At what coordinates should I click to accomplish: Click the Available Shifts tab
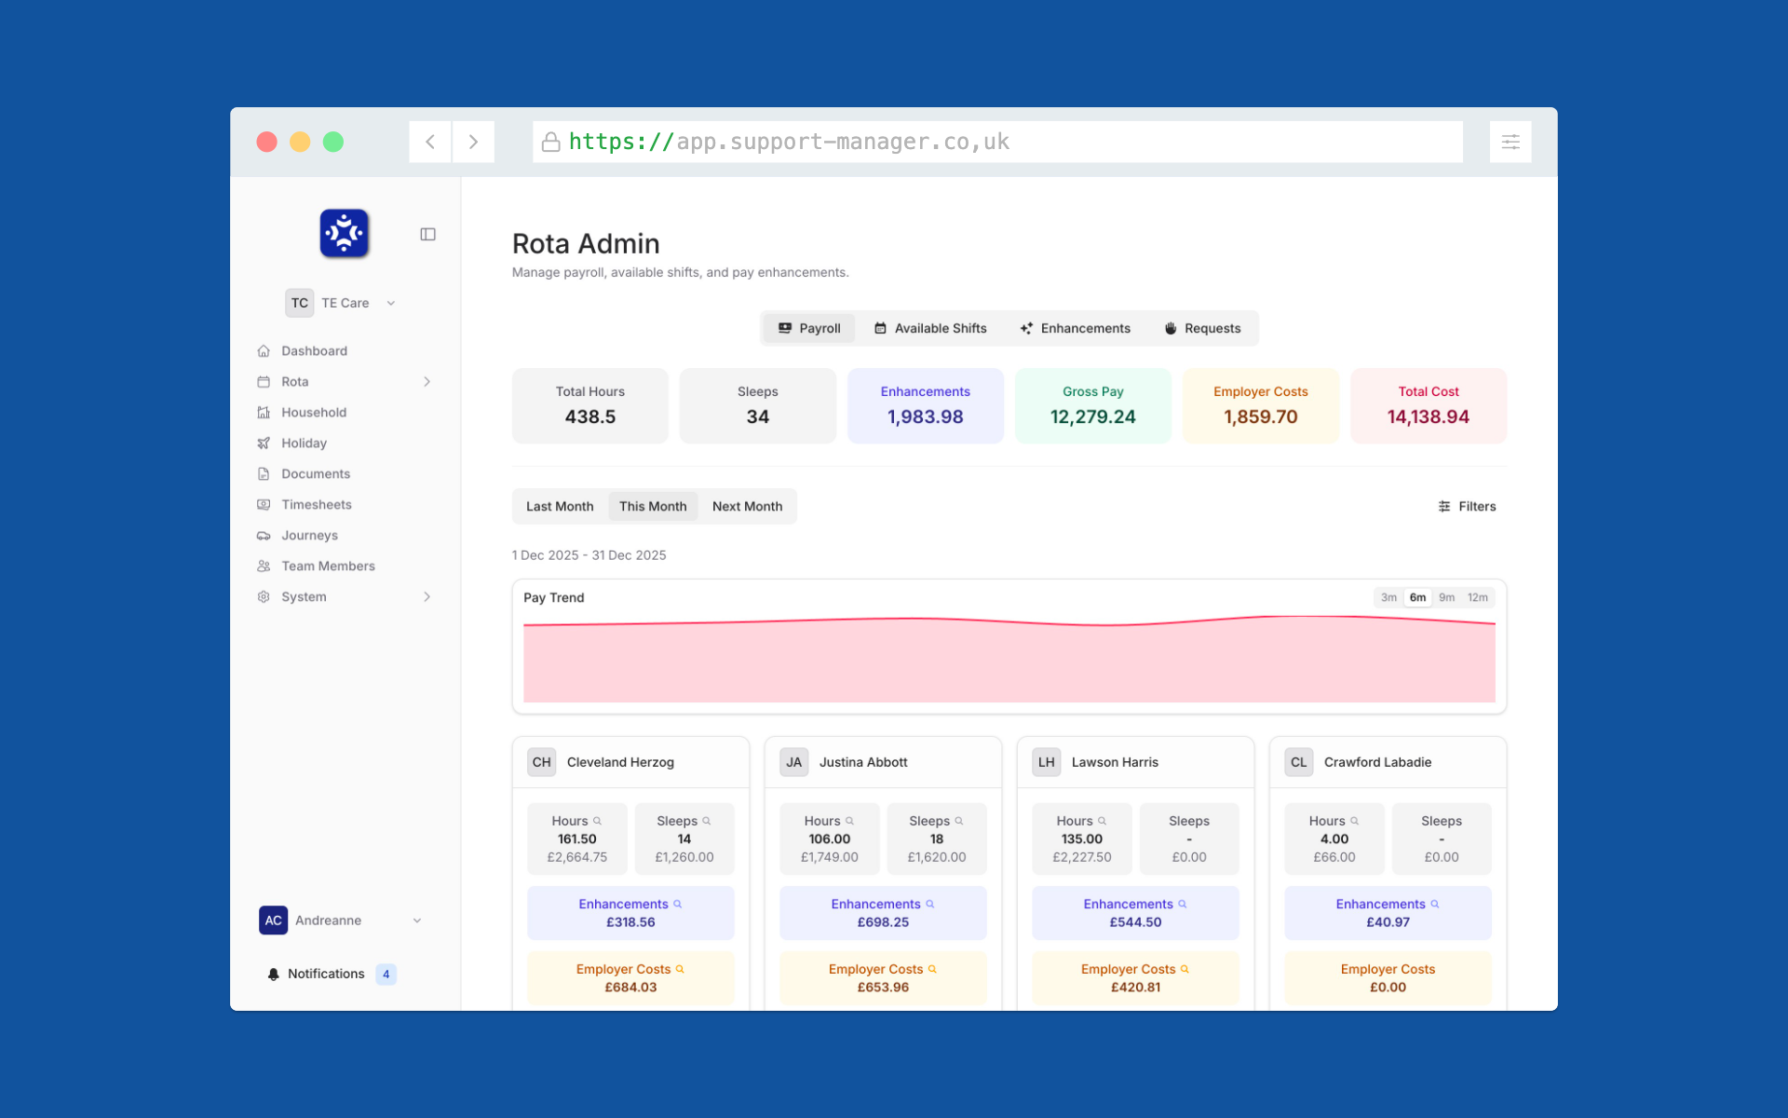point(930,328)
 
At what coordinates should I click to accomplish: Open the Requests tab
point(1202,328)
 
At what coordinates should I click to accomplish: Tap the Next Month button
point(747,506)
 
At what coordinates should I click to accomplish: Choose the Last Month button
point(559,506)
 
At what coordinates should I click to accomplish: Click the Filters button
point(1467,506)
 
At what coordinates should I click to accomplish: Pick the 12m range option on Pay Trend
point(1477,597)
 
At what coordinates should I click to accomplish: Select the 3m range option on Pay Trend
point(1388,597)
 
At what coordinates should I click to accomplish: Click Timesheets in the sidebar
point(316,504)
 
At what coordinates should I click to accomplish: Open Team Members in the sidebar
point(328,566)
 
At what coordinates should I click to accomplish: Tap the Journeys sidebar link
point(309,535)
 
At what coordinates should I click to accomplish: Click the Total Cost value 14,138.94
point(1428,416)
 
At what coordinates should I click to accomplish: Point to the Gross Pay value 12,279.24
point(1092,416)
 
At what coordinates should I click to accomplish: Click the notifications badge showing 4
point(386,974)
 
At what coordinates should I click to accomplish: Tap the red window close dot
point(267,142)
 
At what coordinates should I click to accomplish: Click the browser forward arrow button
point(473,142)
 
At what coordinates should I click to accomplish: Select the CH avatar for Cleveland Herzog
point(541,762)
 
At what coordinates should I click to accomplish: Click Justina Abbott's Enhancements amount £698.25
point(883,922)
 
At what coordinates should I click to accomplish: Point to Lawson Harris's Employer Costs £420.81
point(1135,988)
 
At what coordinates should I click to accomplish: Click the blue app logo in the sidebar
point(345,233)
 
